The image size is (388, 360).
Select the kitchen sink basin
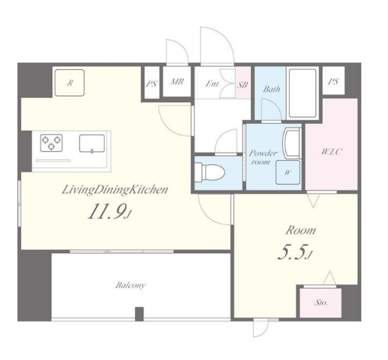pyautogui.click(x=92, y=143)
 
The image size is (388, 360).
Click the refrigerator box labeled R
pyautogui.click(x=70, y=83)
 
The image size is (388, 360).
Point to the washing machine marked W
pyautogui.click(x=288, y=172)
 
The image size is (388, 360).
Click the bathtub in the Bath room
pyautogui.click(x=302, y=93)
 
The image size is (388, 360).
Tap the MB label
pyautogui.click(x=177, y=82)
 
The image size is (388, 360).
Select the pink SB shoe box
pyautogui.click(x=242, y=83)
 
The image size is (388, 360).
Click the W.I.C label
pyautogui.click(x=331, y=152)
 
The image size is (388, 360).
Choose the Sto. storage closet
pyautogui.click(x=320, y=303)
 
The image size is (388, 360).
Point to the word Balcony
pyautogui.click(x=130, y=285)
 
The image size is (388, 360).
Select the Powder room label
pyautogui.click(x=263, y=157)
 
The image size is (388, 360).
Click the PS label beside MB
pyautogui.click(x=151, y=84)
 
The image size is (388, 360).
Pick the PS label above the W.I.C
pyautogui.click(x=333, y=81)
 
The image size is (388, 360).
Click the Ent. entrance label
pyautogui.click(x=213, y=84)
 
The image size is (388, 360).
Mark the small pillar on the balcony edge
pyautogui.click(x=140, y=314)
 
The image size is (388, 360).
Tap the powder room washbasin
pyautogui.click(x=292, y=143)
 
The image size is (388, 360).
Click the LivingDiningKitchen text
pyautogui.click(x=115, y=190)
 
